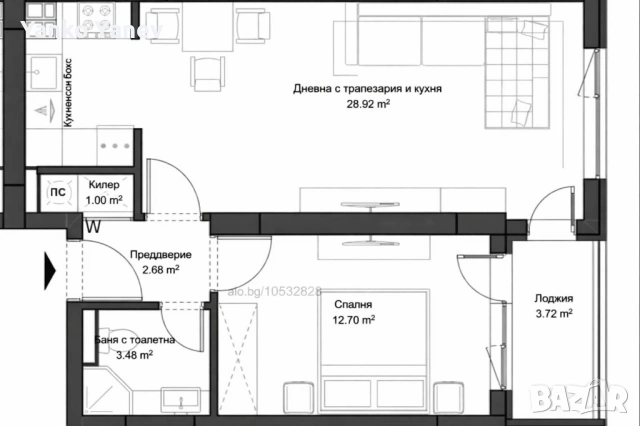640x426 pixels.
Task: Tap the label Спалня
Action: click(x=354, y=305)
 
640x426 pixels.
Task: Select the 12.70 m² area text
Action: click(x=354, y=320)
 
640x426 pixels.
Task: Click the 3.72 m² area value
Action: click(x=552, y=313)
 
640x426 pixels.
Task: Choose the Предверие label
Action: click(x=159, y=255)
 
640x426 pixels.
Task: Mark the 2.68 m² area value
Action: click(x=159, y=269)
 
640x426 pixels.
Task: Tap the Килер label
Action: click(x=104, y=185)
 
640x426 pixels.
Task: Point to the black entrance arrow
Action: click(x=49, y=267)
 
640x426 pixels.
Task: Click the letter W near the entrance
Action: click(x=92, y=227)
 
